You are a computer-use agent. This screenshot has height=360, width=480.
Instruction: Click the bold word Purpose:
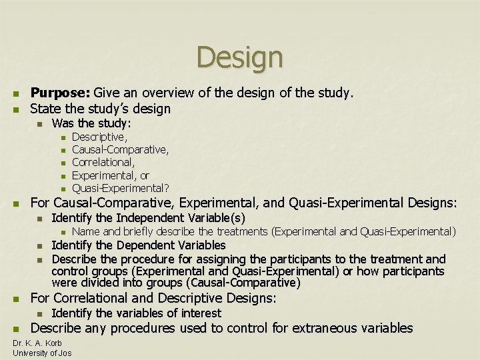(x=61, y=93)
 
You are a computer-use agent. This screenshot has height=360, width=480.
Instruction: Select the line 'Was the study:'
(x=91, y=123)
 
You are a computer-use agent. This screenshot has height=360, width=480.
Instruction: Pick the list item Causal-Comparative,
(x=120, y=149)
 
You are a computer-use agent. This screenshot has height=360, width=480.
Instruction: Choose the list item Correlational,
(x=103, y=162)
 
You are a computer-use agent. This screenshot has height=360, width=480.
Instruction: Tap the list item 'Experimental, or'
(x=110, y=175)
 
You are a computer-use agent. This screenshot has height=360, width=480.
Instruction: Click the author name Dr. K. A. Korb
(x=38, y=343)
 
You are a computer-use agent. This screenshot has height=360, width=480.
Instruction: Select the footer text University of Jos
(x=42, y=353)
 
